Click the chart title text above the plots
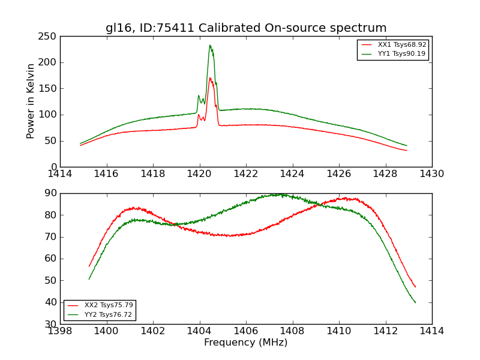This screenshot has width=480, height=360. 246,28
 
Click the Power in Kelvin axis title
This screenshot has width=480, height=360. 31,101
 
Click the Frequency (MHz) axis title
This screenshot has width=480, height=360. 246,343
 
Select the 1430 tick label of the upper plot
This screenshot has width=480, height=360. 432,174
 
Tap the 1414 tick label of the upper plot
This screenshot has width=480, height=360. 60,174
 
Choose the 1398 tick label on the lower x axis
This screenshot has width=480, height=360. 60,331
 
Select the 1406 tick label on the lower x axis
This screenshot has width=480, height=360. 246,331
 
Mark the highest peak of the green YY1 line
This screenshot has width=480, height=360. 210,45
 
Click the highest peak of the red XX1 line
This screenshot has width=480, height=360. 210,77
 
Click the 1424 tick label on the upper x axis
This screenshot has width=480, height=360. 293,174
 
